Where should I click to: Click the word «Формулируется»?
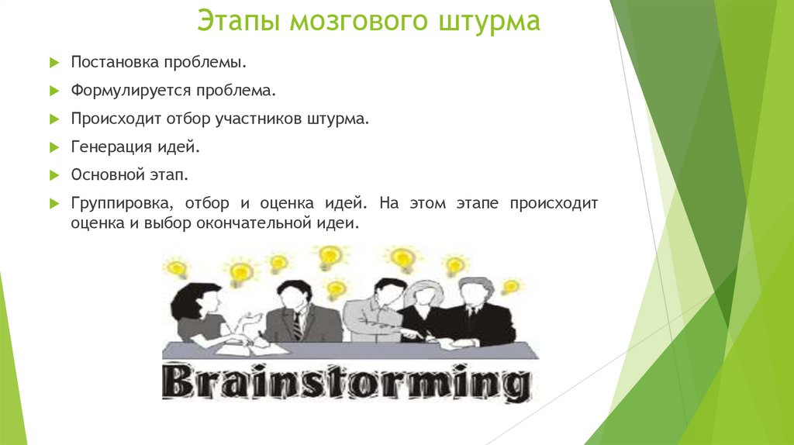(131, 91)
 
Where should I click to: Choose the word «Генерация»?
(111, 147)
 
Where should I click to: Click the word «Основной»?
(105, 175)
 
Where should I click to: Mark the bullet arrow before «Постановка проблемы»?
(54, 62)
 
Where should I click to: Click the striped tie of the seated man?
(297, 325)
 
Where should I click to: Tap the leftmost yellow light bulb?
(178, 269)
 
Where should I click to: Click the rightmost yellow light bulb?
(510, 287)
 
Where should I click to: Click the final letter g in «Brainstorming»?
(510, 385)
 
